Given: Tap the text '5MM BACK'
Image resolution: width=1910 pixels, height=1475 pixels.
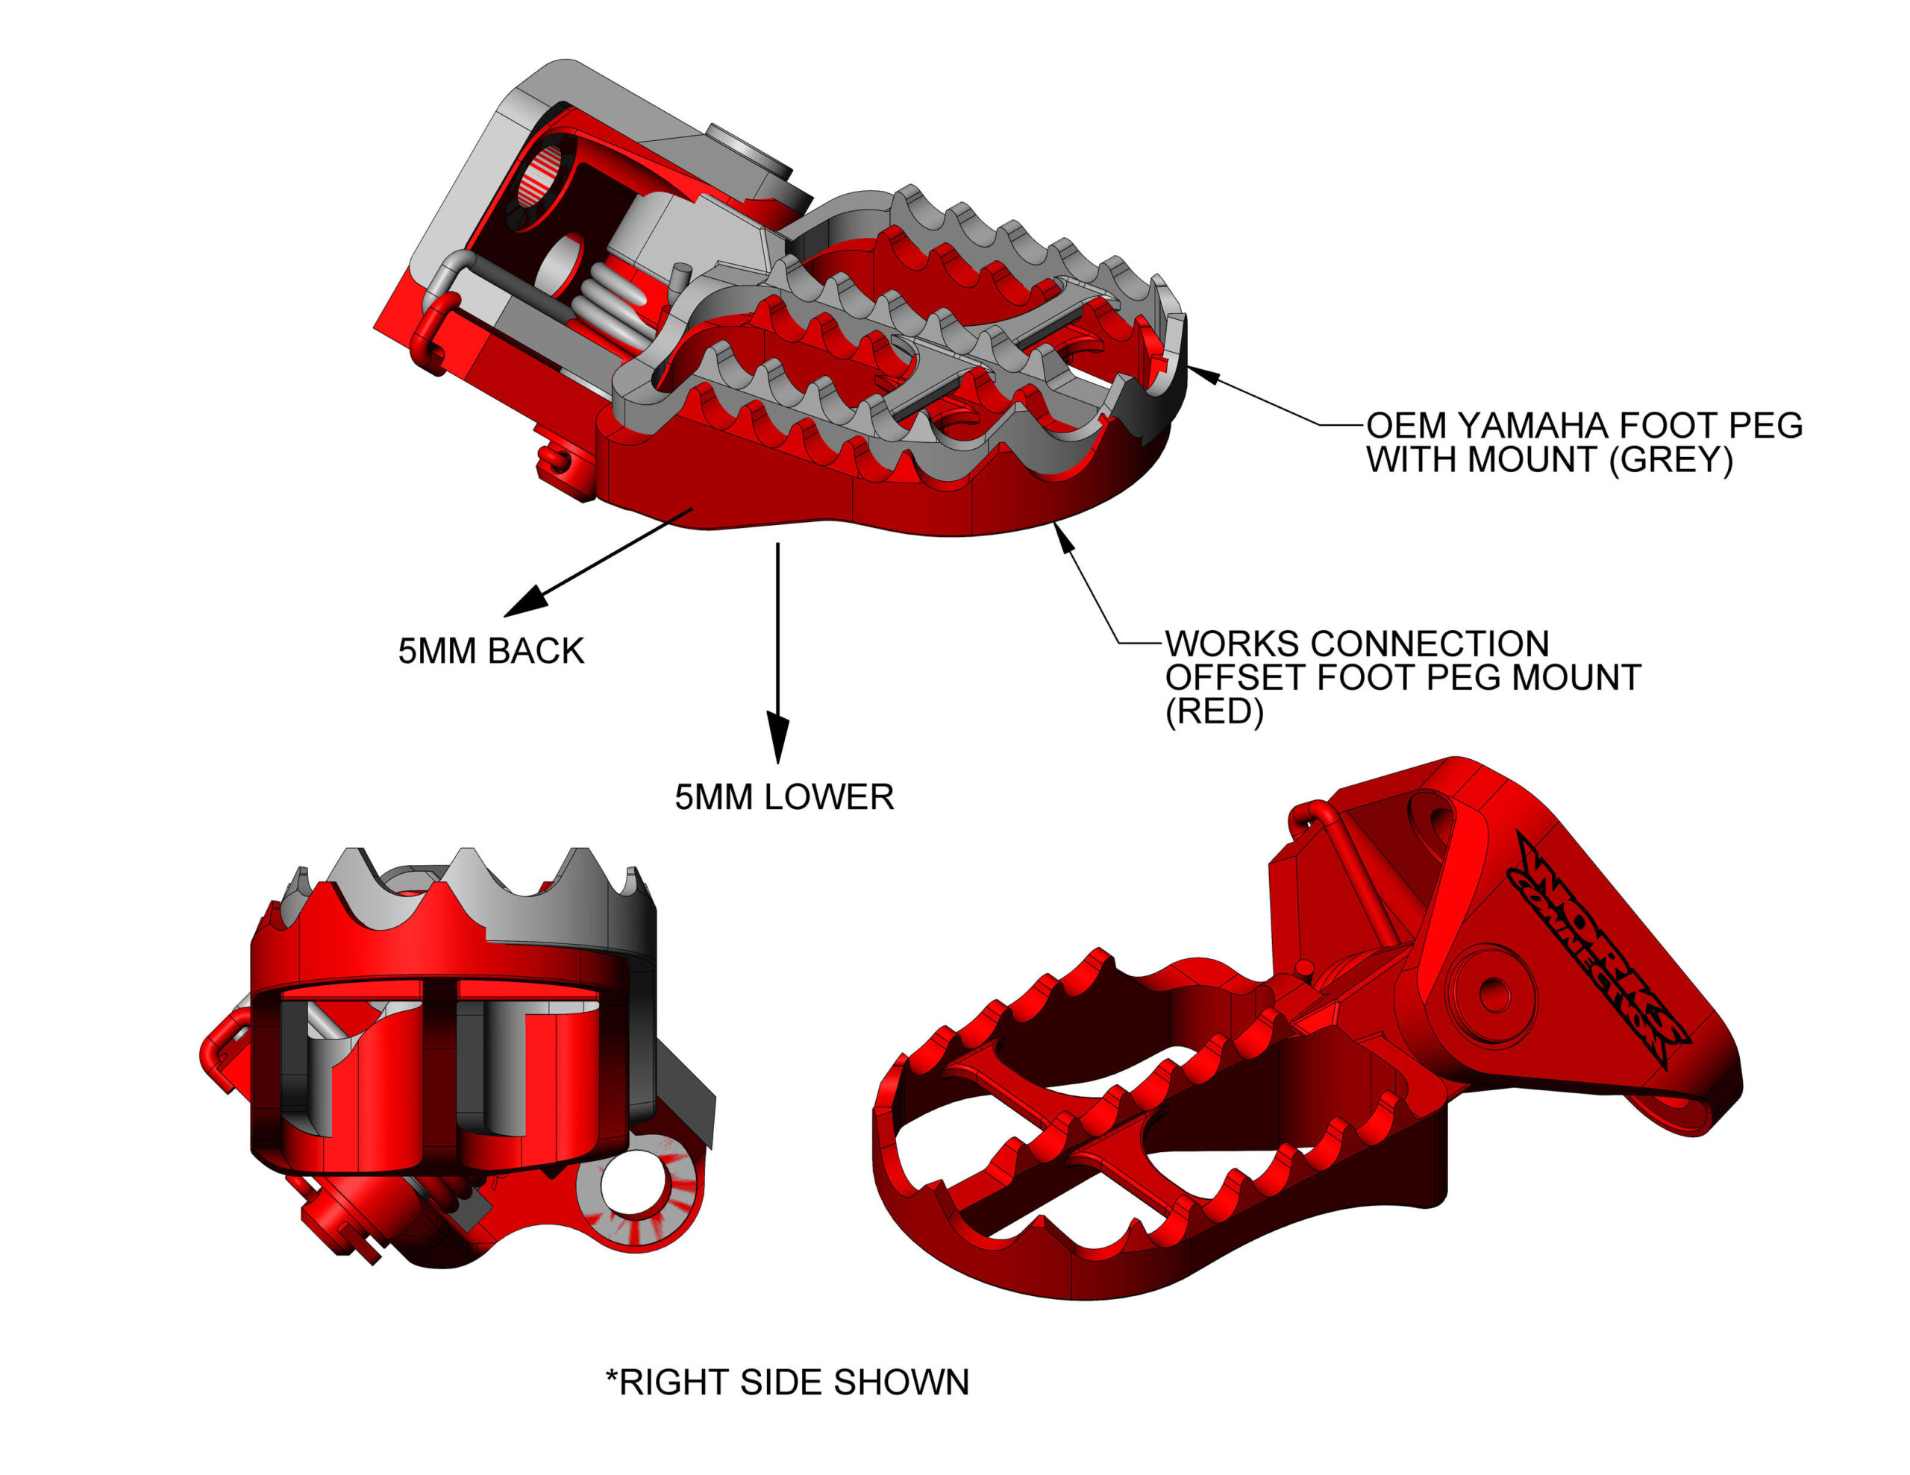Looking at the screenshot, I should pyautogui.click(x=491, y=652).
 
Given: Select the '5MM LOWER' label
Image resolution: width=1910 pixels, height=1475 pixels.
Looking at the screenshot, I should pyautogui.click(x=783, y=797).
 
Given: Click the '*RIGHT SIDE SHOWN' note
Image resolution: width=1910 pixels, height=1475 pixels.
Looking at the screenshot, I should pyautogui.click(x=787, y=1383).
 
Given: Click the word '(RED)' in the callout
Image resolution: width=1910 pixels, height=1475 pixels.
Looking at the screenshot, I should pyautogui.click(x=1214, y=711).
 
